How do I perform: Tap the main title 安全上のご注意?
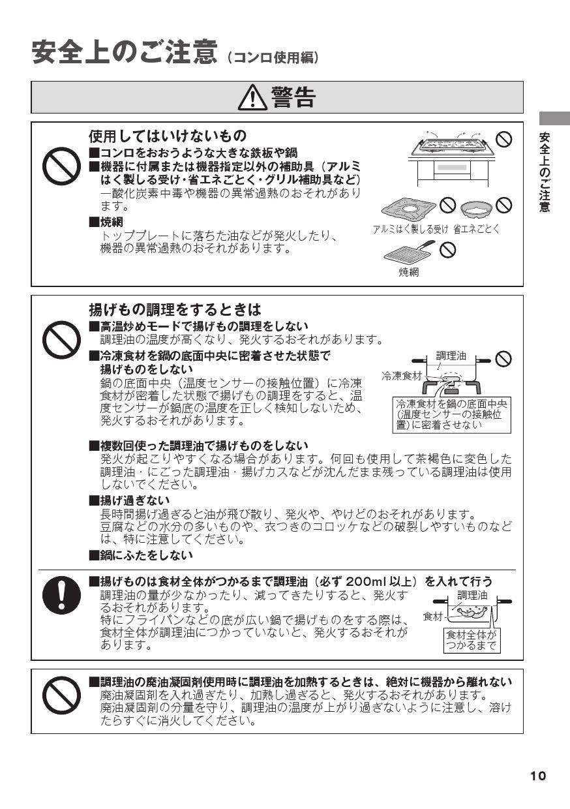[124, 53]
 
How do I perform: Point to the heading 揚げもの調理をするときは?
[174, 309]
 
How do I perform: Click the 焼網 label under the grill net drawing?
[409, 272]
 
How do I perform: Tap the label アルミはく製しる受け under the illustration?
[410, 229]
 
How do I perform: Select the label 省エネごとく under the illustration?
[476, 229]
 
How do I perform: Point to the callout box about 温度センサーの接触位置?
[452, 414]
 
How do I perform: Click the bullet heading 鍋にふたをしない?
[142, 555]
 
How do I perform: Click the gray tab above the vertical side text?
[554, 118]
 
